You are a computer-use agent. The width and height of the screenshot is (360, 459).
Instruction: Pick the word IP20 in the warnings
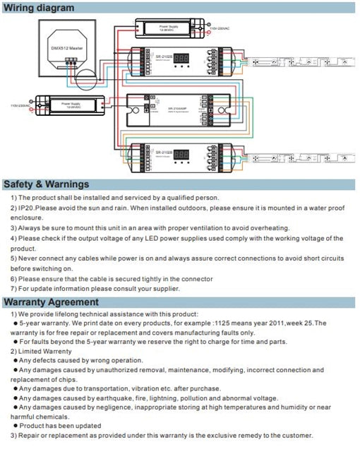click(x=27, y=208)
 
